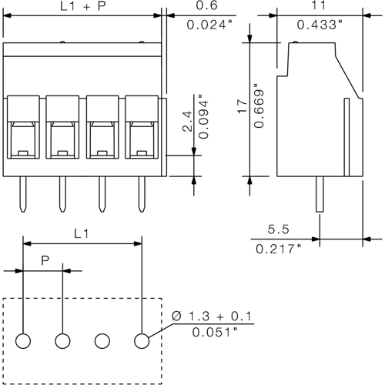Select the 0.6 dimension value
click(x=207, y=6)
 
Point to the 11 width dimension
click(x=318, y=6)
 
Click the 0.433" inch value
click(x=319, y=25)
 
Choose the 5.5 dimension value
click(x=278, y=229)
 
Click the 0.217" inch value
click(x=278, y=248)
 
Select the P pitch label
click(x=45, y=260)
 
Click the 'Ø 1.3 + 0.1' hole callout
click(x=213, y=316)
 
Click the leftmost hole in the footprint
click(x=23, y=340)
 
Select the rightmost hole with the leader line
click(x=142, y=340)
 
